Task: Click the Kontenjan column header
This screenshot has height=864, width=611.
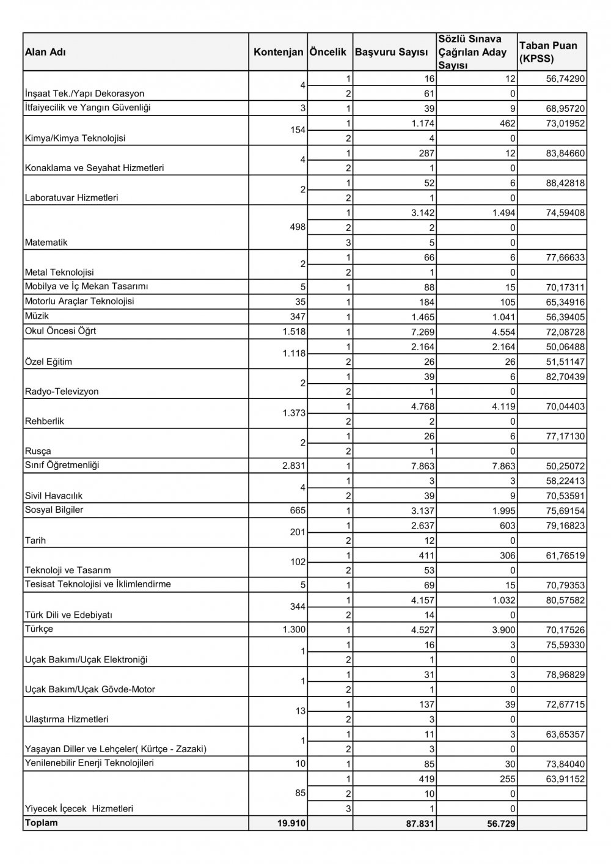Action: point(278,53)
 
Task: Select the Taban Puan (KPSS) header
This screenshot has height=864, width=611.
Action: point(548,53)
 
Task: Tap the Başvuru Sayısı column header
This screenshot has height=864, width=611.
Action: point(391,53)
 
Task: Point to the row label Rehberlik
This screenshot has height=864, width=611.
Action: point(45,421)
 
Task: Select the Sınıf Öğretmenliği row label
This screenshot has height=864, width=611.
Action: point(62,466)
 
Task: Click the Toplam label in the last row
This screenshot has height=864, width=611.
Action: point(42,823)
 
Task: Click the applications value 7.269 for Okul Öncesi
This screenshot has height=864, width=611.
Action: point(422,332)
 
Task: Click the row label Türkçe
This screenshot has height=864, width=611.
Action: point(39,629)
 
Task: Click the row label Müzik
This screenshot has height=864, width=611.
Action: point(37,317)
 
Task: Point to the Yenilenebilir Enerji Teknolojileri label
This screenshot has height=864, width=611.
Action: point(89,763)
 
